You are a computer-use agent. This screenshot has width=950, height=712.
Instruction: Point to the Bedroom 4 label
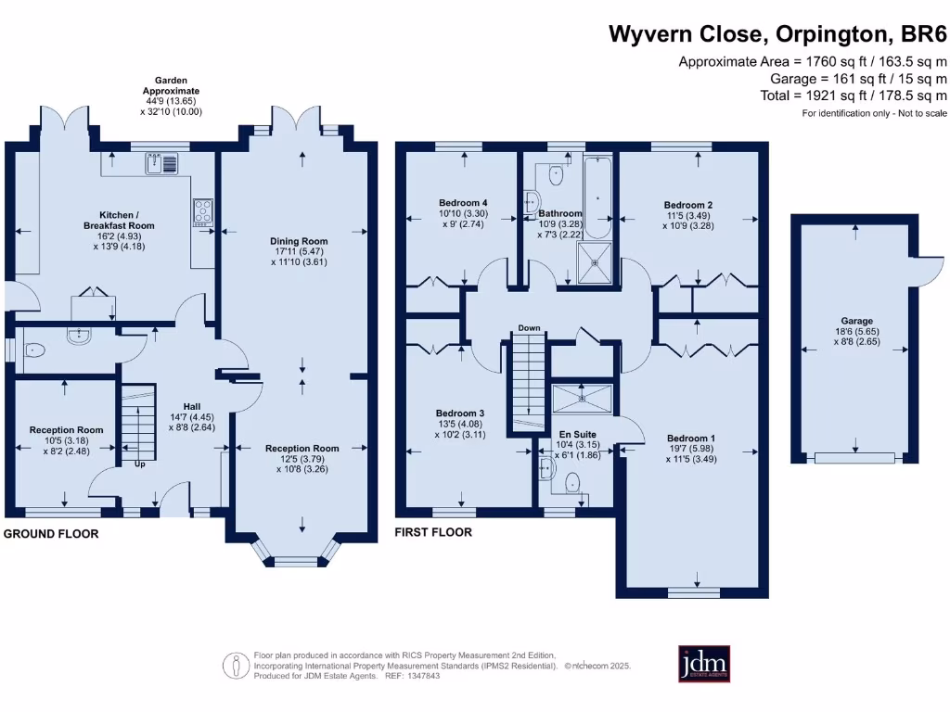463,203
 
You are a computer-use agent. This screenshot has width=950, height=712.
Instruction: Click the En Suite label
577,434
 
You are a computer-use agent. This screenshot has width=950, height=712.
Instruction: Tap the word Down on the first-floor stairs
529,328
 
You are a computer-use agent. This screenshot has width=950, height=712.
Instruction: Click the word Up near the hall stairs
140,464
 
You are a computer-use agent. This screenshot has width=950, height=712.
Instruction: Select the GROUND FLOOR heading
52,534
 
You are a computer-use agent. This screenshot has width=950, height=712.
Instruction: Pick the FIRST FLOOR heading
433,532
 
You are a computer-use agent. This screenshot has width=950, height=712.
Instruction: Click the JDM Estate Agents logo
704,664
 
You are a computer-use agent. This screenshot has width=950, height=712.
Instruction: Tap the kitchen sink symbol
161,164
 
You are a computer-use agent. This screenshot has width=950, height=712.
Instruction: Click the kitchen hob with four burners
202,212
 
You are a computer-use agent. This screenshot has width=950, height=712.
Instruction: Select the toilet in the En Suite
572,482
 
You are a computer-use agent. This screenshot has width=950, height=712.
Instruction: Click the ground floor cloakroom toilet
35,350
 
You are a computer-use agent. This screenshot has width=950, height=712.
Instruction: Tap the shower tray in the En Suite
582,398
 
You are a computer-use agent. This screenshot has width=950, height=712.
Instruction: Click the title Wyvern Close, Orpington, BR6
777,35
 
